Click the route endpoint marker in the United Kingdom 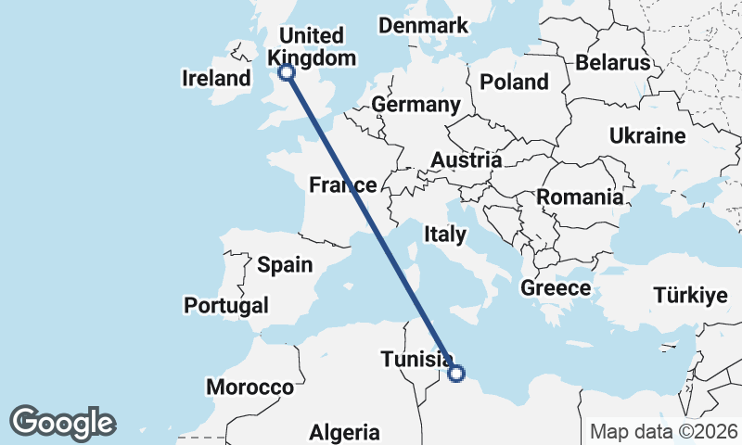(287, 71)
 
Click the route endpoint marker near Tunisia (455, 374)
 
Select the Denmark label (423, 26)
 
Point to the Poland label (514, 82)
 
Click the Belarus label (613, 63)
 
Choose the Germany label (416, 105)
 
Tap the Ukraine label (647, 136)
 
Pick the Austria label (466, 160)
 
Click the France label (343, 185)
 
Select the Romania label (580, 197)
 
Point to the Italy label (444, 235)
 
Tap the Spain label (285, 264)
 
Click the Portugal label (226, 305)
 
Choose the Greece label (556, 288)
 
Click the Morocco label (249, 387)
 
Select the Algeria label (344, 432)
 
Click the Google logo (62, 423)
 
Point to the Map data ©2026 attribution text (664, 431)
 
